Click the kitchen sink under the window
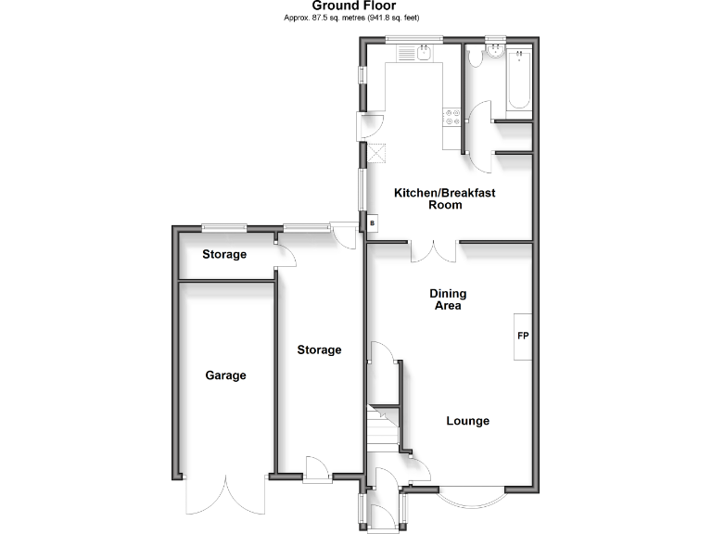[x=410, y=56]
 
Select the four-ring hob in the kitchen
[x=452, y=117]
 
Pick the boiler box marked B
[x=373, y=223]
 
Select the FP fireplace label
[x=523, y=335]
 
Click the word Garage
[x=225, y=375]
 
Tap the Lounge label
[x=468, y=421]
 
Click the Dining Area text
[x=448, y=299]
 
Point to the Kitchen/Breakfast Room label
[x=445, y=198]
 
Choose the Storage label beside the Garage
[x=319, y=350]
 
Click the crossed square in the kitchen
[x=377, y=154]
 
